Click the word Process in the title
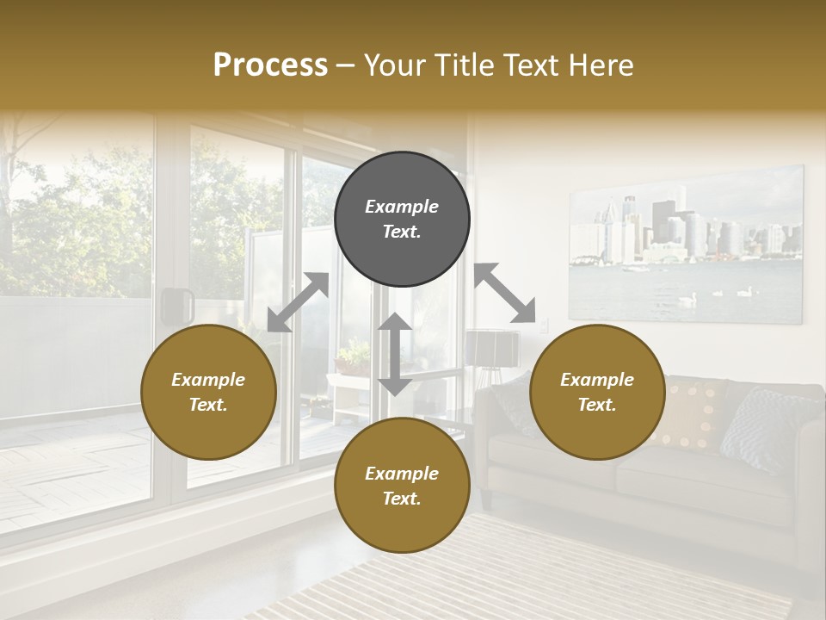click(270, 65)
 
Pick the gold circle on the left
click(208, 392)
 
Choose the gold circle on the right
click(597, 392)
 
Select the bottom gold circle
click(402, 486)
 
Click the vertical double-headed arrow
click(395, 354)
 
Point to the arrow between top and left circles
click(298, 302)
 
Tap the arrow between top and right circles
click(504, 293)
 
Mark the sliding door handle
click(176, 306)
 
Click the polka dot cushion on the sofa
click(689, 412)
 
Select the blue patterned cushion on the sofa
click(761, 426)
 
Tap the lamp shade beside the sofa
click(492, 347)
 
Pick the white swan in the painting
click(687, 299)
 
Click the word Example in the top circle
click(402, 207)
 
